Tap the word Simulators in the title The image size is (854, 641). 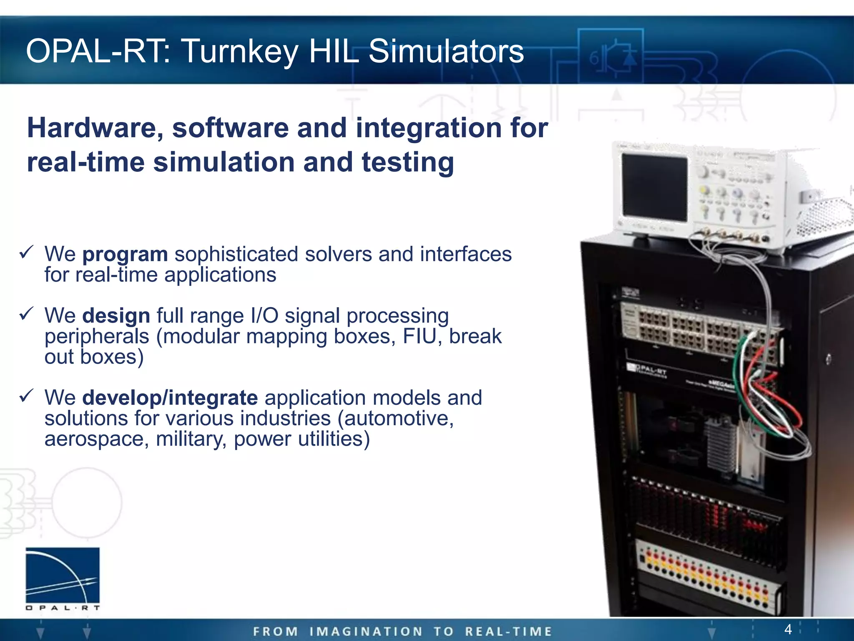point(446,51)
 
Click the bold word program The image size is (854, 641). point(125,254)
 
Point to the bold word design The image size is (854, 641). point(116,315)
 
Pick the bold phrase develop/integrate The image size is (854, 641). point(170,398)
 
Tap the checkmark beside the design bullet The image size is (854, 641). point(26,313)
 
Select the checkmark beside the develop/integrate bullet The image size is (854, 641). point(26,396)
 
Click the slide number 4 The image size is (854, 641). point(788,628)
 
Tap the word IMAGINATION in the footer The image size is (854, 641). point(366,631)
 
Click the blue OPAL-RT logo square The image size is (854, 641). point(63,575)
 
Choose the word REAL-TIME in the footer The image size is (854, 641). point(508,631)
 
